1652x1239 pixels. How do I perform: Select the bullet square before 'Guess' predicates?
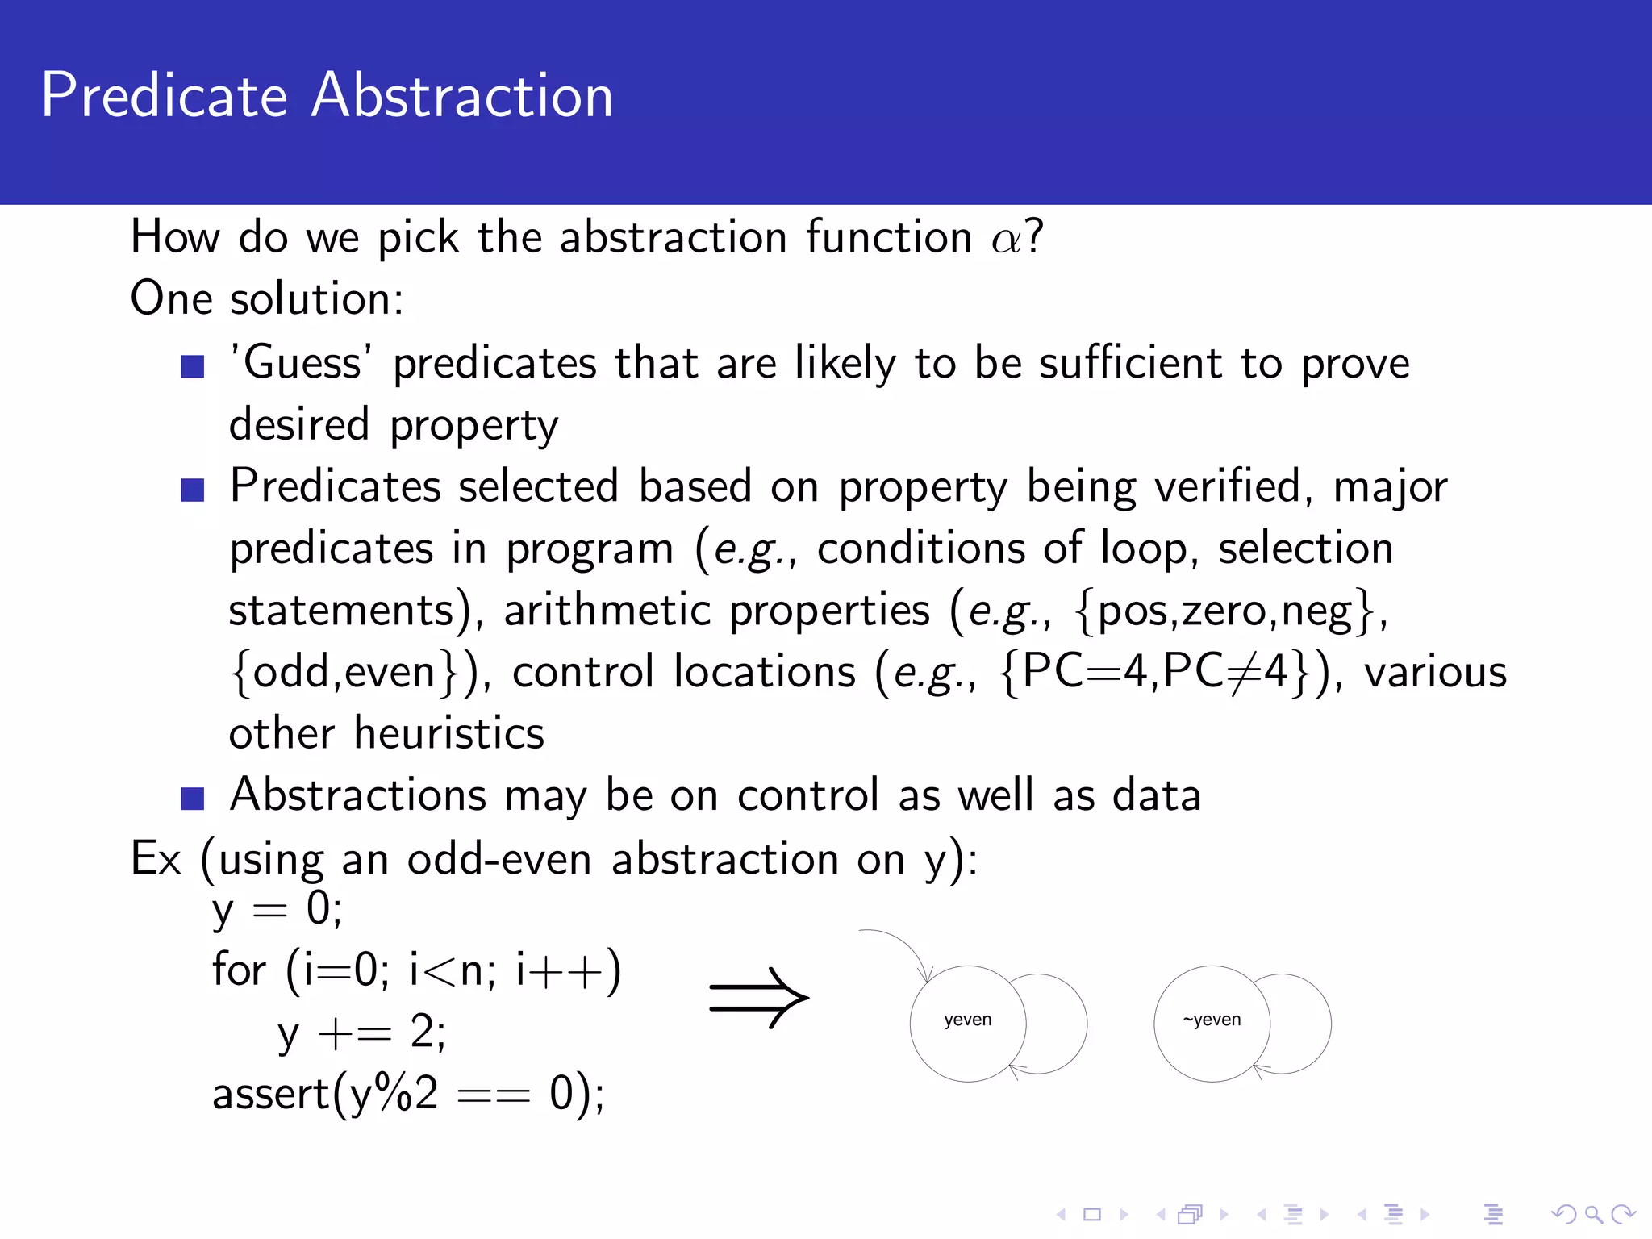pyautogui.click(x=192, y=366)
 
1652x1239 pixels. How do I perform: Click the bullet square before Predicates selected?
pyautogui.click(x=192, y=490)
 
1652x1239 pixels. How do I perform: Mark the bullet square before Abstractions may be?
pyautogui.click(x=192, y=798)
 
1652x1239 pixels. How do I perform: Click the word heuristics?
pyautogui.click(x=449, y=734)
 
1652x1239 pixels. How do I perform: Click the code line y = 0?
pyautogui.click(x=277, y=910)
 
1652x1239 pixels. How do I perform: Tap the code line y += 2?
pyautogui.click(x=361, y=1033)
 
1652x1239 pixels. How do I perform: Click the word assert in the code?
pyautogui.click(x=271, y=1095)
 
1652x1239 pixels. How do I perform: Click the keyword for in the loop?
pyautogui.click(x=239, y=970)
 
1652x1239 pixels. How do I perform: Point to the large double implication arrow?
pyautogui.click(x=758, y=998)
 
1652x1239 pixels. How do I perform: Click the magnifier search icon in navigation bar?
pyautogui.click(x=1593, y=1214)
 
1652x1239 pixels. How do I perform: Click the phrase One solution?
pyautogui.click(x=267, y=299)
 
